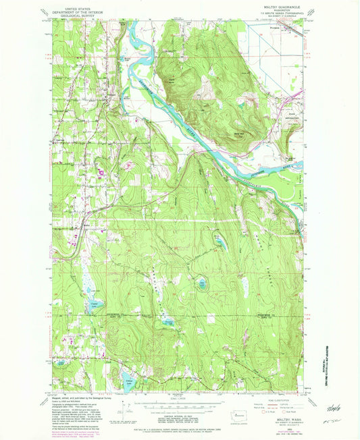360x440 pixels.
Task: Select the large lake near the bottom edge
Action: tap(126, 375)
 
